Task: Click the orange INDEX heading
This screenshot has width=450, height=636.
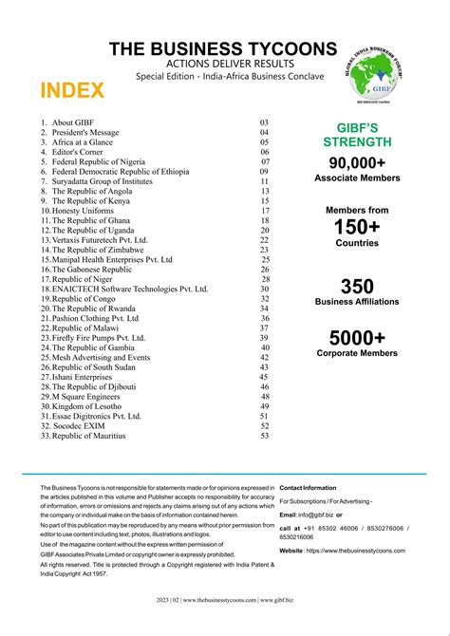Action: [72, 91]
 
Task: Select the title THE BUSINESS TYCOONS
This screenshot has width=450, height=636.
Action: [222, 48]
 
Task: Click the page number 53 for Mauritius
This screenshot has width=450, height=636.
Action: [265, 436]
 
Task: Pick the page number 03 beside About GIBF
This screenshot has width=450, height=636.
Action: [265, 122]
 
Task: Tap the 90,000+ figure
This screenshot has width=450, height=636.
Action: [357, 163]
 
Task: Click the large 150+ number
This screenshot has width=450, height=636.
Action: [357, 227]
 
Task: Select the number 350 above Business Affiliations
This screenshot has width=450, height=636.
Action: [357, 286]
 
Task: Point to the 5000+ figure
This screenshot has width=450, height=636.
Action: [357, 337]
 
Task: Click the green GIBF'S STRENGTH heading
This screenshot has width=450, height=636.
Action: [357, 135]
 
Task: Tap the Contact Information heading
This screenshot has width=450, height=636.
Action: [308, 487]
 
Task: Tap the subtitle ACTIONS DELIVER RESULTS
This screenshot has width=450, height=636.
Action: [222, 64]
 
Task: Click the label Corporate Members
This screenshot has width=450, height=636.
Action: [357, 353]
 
